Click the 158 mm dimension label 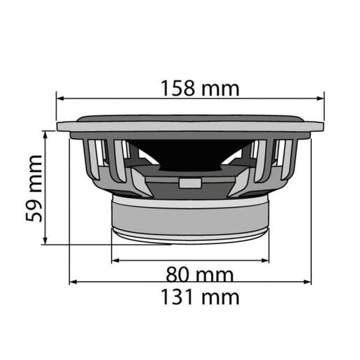[x=199, y=89]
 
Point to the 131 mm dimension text [x=200, y=296]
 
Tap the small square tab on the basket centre [x=189, y=184]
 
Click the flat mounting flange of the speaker [x=190, y=127]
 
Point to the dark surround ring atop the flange [x=190, y=118]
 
